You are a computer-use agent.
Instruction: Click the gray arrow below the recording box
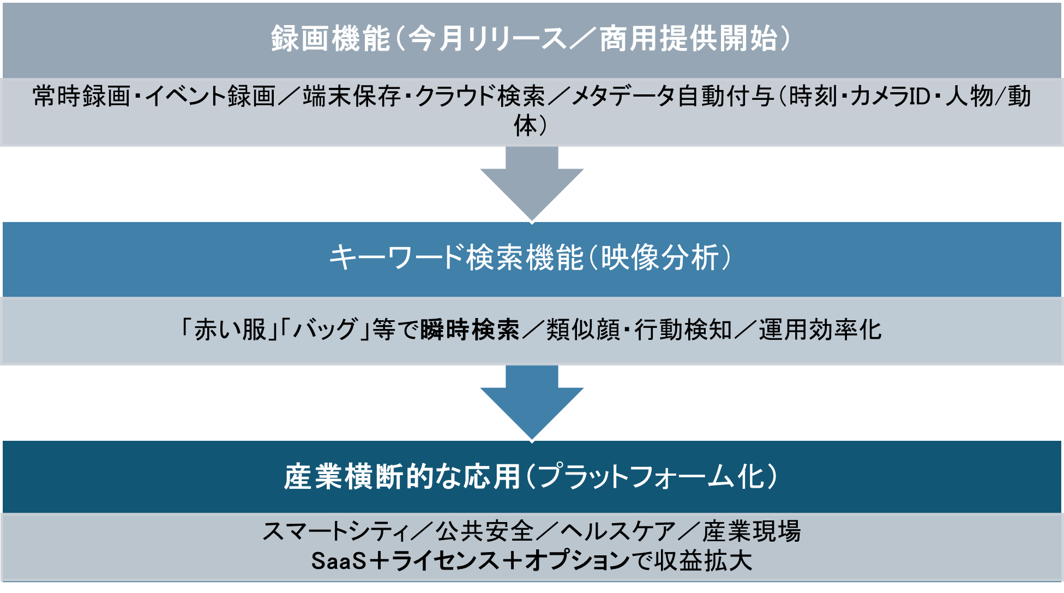(532, 183)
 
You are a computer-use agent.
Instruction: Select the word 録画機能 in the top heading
(330, 39)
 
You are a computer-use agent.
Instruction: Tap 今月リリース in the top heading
(487, 39)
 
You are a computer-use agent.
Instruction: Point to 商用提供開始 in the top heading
(689, 39)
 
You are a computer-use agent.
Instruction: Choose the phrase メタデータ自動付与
(672, 97)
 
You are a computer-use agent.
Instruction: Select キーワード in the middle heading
(396, 257)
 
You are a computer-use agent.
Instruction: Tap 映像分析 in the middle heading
(660, 257)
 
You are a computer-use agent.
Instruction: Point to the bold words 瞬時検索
(470, 330)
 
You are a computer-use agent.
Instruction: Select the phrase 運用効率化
(820, 330)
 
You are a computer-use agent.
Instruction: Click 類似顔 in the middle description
(582, 330)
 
